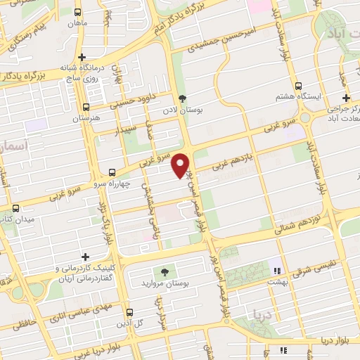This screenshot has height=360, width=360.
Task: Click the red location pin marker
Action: tap(181, 164)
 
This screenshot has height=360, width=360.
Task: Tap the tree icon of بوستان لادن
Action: tap(184, 98)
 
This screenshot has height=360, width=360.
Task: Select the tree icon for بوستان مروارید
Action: tap(164, 271)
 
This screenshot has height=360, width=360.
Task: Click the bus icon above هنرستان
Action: tap(86, 108)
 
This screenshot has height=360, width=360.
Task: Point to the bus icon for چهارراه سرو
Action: tap(112, 172)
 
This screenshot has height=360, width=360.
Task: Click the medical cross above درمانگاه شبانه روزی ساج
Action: tap(82, 57)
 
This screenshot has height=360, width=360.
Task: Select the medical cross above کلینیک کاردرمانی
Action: tap(86, 257)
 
